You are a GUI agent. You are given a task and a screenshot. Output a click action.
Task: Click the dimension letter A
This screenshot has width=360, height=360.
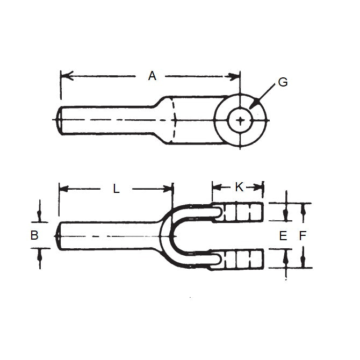click(152, 76)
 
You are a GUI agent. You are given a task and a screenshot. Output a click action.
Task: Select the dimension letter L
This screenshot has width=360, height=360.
click(116, 188)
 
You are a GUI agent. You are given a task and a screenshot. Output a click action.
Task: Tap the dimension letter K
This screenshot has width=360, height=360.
click(239, 186)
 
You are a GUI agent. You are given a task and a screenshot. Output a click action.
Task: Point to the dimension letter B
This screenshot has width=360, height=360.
click(34, 235)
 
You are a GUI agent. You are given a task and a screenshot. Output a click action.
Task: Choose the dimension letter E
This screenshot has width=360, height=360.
click(283, 235)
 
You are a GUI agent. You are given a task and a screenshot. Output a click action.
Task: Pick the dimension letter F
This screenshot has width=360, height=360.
click(303, 235)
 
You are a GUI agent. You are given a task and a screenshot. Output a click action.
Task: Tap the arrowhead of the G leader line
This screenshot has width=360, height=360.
click(252, 106)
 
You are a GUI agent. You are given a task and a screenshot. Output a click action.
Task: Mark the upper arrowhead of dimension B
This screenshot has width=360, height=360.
click(39, 217)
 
